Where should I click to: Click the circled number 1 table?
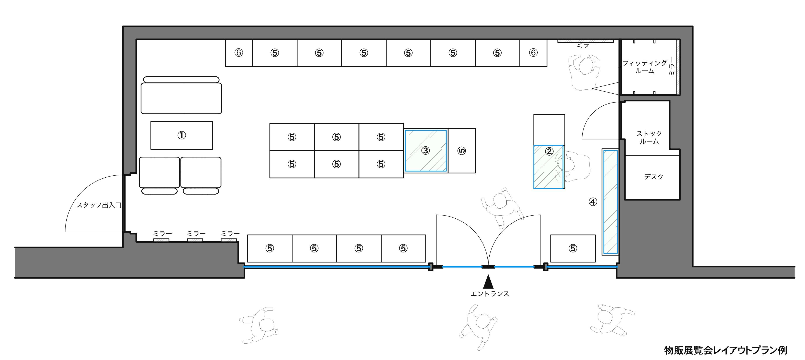(182, 135)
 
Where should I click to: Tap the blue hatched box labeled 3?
(425, 151)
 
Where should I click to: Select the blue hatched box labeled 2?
(549, 167)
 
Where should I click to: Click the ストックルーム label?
(649, 137)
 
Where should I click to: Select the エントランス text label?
(490, 294)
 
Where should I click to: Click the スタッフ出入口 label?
(99, 205)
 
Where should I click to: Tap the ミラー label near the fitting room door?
(586, 46)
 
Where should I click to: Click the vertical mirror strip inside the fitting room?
(678, 67)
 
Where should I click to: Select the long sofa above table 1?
(181, 98)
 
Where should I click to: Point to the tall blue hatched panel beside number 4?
(610, 202)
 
